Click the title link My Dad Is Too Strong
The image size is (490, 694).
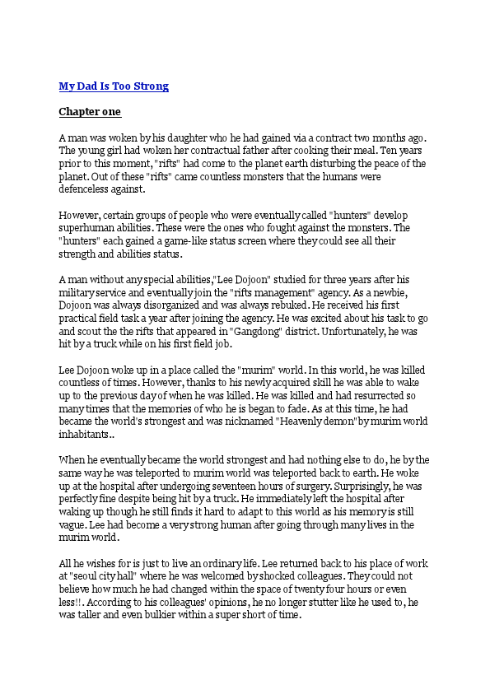point(114,86)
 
